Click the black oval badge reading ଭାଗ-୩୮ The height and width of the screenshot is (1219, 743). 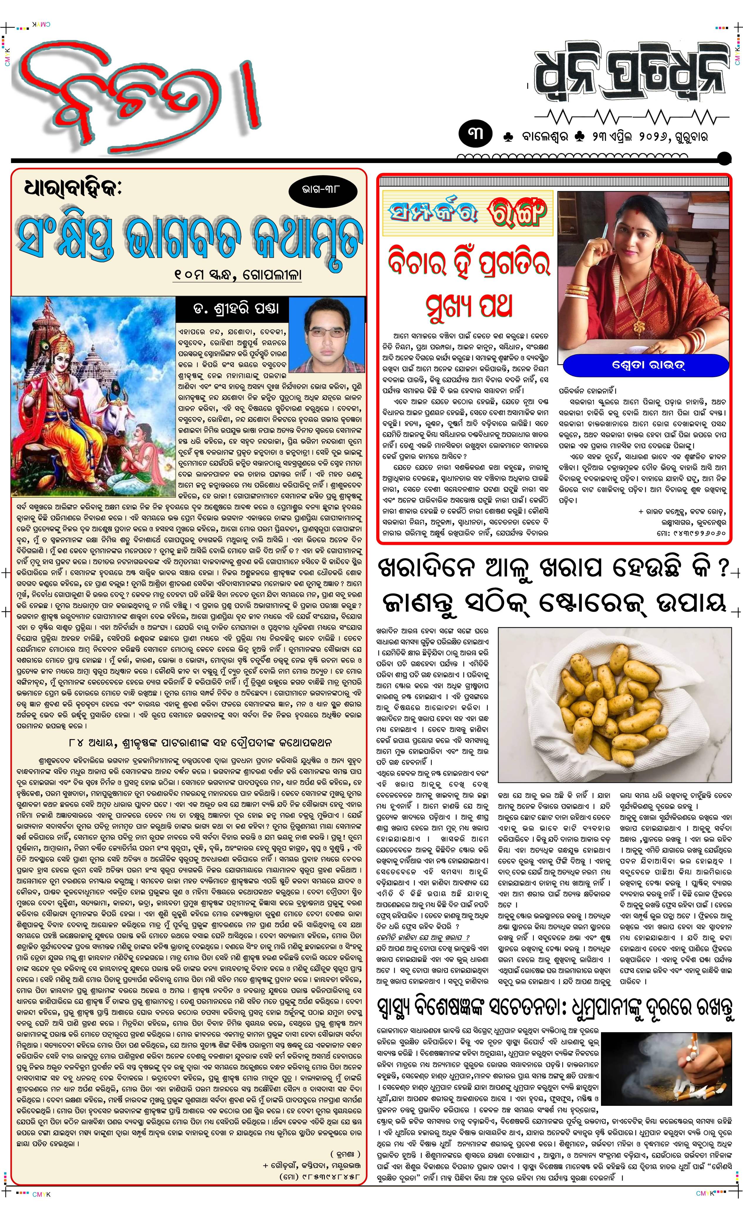point(323,189)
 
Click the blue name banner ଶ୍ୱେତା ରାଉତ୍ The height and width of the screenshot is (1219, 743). point(646,366)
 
